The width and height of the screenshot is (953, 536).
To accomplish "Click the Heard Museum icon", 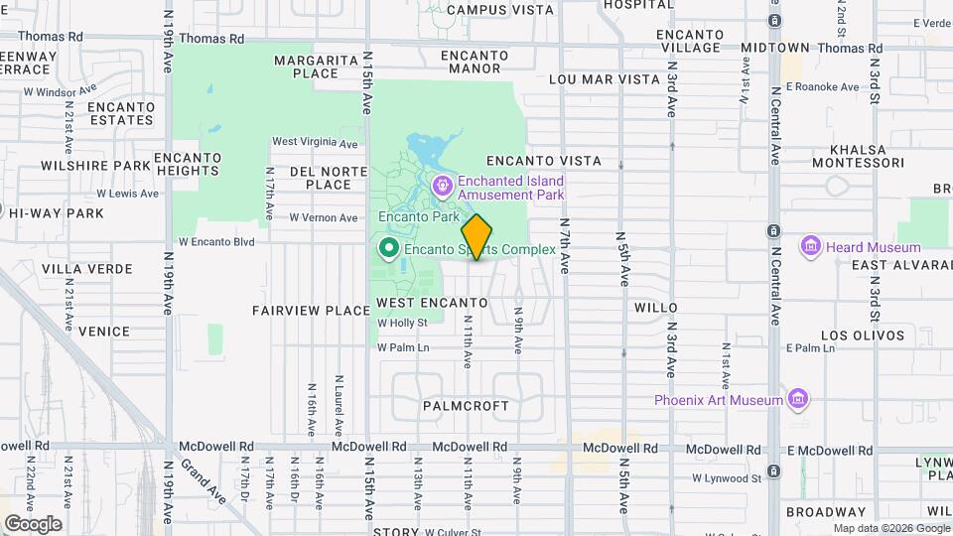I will (x=810, y=246).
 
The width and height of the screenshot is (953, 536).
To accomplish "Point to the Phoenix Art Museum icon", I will (x=796, y=399).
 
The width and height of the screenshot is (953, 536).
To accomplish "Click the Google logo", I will (x=33, y=523).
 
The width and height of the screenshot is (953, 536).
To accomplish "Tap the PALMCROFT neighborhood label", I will (x=466, y=406).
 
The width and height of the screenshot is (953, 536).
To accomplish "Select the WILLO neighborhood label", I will (x=655, y=308).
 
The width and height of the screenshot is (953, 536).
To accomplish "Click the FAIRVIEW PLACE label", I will (x=311, y=311).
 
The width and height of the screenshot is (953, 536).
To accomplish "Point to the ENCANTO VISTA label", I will (x=544, y=160).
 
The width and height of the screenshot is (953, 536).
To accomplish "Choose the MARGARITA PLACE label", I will (x=317, y=67).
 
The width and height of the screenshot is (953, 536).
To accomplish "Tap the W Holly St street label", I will (x=402, y=323).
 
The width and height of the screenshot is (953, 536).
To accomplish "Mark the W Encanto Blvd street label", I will (x=216, y=241).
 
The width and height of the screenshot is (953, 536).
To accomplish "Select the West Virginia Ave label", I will (x=315, y=142).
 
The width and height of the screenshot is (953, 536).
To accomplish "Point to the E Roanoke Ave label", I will (x=822, y=87).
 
